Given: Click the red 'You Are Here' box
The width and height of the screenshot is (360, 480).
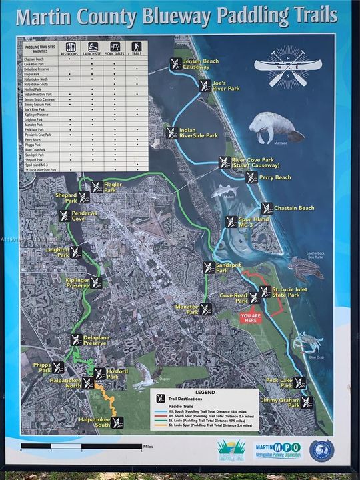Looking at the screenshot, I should pos(251,318).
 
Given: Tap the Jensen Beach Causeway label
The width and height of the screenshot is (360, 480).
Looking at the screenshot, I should pos(201,64).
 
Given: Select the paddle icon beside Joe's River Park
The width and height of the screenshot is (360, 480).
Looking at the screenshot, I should pos(205,85).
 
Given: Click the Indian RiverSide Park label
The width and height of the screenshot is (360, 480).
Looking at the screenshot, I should pos(199,132).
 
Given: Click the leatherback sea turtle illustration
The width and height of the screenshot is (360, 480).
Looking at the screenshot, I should pos(306,267).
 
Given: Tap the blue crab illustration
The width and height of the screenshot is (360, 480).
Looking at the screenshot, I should pos(308,343).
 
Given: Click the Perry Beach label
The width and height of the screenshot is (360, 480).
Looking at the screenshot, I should pos(275,177).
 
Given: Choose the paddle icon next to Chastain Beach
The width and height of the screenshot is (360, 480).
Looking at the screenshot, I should pos(267,208).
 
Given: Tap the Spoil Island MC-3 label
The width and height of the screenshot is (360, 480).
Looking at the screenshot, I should pos(256,222).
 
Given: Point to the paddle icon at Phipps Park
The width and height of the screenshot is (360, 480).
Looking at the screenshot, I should pos(58,367).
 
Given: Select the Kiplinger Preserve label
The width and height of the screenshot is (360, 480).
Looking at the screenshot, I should pos(75,283).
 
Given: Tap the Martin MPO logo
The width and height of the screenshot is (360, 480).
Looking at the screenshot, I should pos(278,449).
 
